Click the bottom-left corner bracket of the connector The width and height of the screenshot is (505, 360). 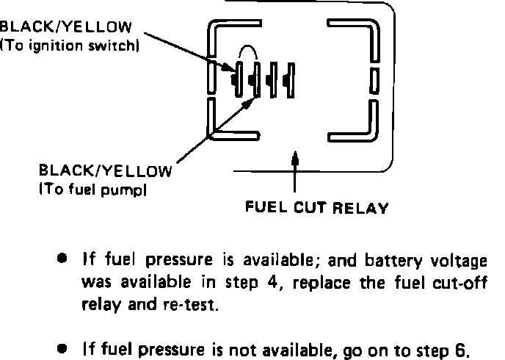coord(220,125)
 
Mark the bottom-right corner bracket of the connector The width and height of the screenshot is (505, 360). coord(364,125)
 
